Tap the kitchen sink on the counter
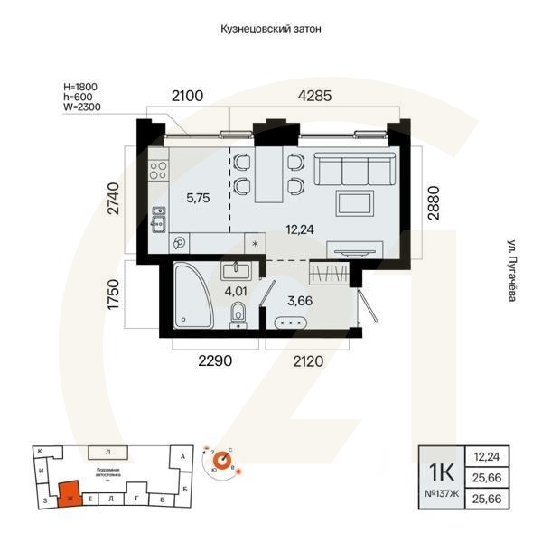coord(158,220)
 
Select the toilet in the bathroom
coord(238,315)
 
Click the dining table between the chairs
coord(267,173)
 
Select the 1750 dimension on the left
coord(114,294)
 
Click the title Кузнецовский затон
coord(271,29)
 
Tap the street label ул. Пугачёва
coord(510,270)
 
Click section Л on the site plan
coord(107,451)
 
